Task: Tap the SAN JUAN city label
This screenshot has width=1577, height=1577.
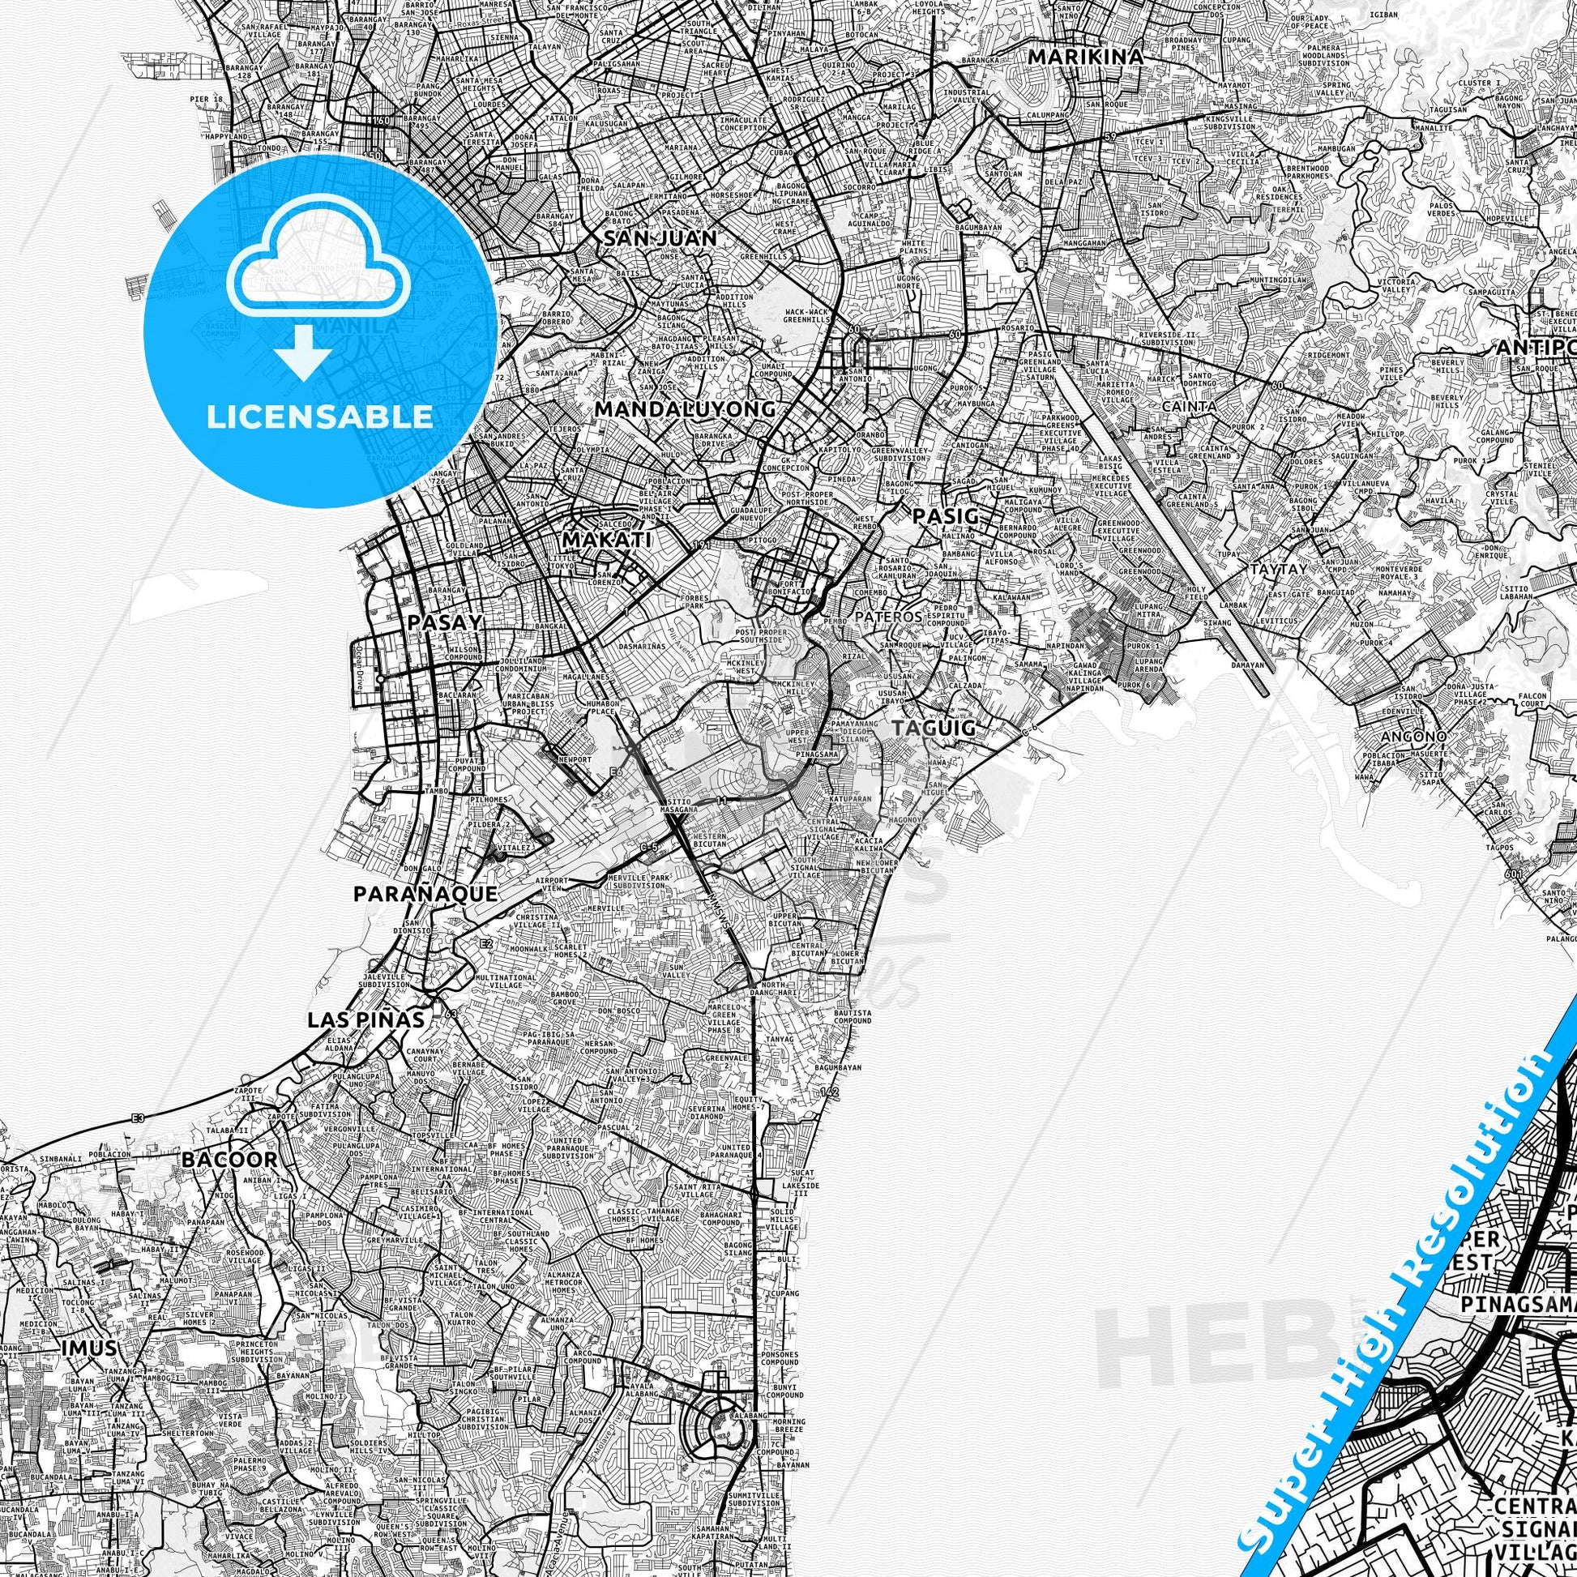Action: click(x=660, y=238)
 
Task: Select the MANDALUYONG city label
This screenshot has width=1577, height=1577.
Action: click(x=685, y=408)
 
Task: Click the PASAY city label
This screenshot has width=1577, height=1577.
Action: click(x=446, y=622)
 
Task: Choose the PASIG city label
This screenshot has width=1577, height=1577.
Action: click(x=944, y=516)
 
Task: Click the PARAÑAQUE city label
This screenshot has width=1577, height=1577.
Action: click(x=425, y=894)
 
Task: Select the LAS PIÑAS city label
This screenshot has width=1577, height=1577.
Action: click(x=365, y=1019)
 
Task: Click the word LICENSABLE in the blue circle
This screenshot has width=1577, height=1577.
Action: click(x=320, y=417)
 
